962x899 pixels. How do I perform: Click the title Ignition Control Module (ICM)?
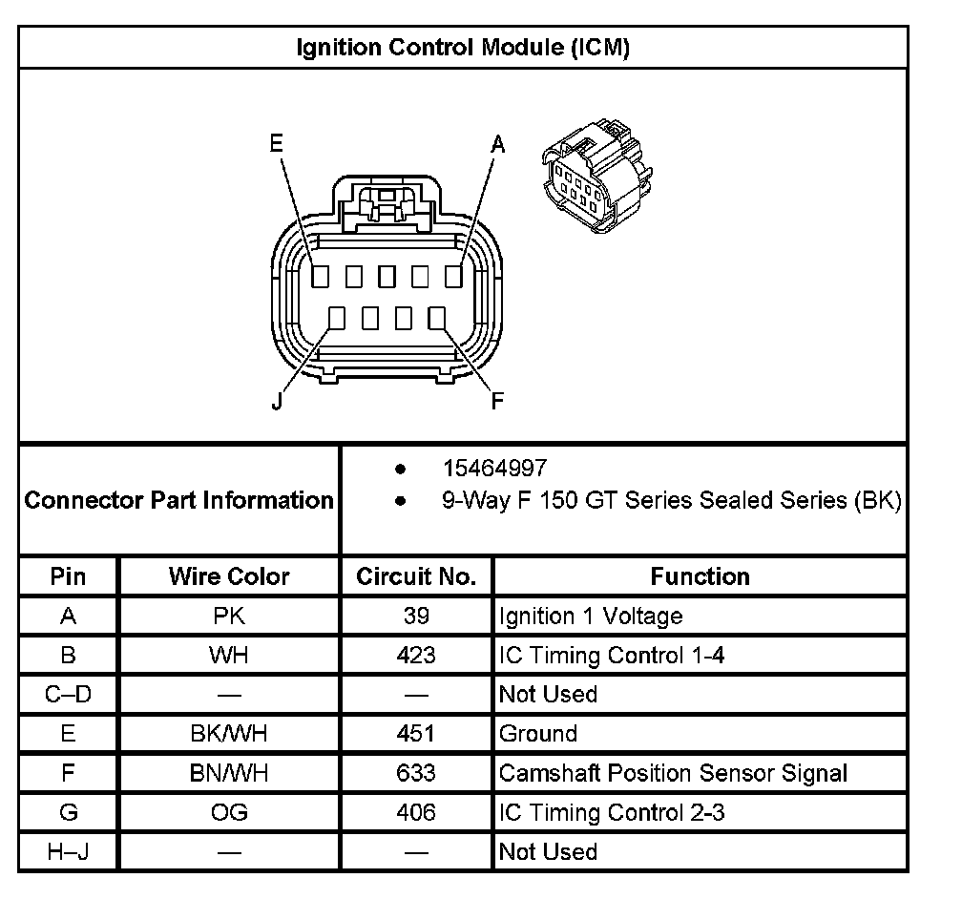(x=463, y=48)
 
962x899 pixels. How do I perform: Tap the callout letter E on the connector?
(x=277, y=143)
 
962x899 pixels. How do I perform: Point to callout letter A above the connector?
(x=497, y=145)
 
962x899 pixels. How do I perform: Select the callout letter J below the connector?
(x=277, y=401)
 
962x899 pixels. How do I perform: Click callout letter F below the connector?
(x=497, y=401)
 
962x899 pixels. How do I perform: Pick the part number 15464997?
(x=494, y=469)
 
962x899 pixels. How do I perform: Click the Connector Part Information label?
(x=178, y=500)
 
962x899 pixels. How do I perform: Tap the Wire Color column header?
(x=229, y=576)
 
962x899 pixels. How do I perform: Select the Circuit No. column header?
(x=416, y=576)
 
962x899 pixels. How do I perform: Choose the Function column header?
(x=701, y=576)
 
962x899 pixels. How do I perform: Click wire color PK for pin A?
(x=229, y=617)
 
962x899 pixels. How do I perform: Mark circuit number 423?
(x=416, y=656)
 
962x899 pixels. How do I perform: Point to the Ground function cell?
(x=538, y=734)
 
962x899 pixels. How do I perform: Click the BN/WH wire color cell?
(x=229, y=773)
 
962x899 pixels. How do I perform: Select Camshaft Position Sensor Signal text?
(x=673, y=773)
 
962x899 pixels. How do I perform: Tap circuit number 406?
(x=416, y=812)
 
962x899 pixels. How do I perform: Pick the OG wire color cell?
(x=229, y=812)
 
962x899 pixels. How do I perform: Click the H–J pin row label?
(x=68, y=851)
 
